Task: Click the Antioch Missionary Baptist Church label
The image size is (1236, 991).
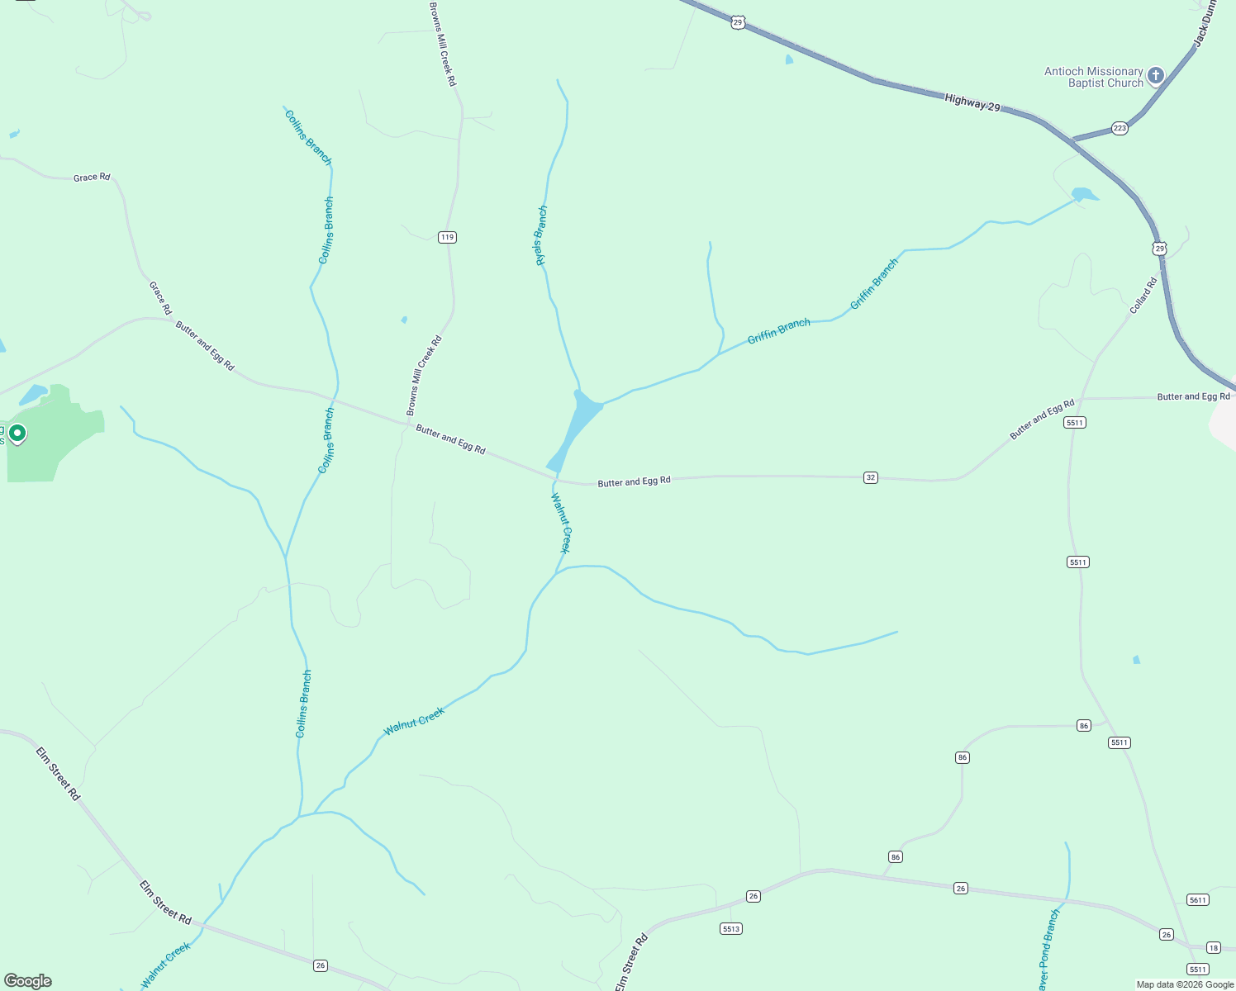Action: tap(1093, 77)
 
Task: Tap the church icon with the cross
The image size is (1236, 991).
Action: tap(1156, 76)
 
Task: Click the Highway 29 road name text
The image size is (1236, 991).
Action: tap(972, 103)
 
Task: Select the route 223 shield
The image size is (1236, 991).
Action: tap(1120, 128)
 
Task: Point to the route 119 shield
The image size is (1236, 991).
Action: tap(447, 237)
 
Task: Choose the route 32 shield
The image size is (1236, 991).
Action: tap(870, 477)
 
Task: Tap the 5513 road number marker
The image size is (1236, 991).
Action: tap(731, 928)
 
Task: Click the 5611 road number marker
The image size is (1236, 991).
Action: tap(1198, 899)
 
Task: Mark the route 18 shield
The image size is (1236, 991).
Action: tap(1213, 947)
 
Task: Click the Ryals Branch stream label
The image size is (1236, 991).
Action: tap(541, 235)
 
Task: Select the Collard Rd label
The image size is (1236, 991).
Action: tap(1144, 296)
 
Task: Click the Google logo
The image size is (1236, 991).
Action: tap(28, 981)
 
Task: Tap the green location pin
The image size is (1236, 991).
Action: tap(17, 433)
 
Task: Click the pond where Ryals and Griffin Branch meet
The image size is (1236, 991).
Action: tap(578, 425)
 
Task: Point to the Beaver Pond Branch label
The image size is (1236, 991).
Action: tap(1046, 950)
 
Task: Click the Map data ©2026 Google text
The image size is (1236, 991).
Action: tap(1185, 984)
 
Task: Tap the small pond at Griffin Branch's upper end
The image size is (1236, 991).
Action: tap(1084, 196)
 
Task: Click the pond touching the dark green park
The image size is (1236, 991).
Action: tap(34, 395)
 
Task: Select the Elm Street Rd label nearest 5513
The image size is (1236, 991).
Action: tap(632, 962)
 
